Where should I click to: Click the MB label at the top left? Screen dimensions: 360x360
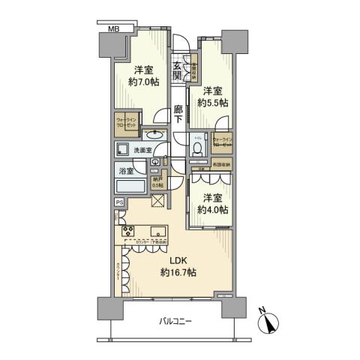113,28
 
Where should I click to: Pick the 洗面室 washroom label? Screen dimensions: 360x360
142,151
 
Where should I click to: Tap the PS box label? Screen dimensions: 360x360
119,202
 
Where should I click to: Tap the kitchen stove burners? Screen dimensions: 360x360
124,229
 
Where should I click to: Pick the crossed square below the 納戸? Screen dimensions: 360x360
158,200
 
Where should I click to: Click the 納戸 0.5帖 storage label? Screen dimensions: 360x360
157,182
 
